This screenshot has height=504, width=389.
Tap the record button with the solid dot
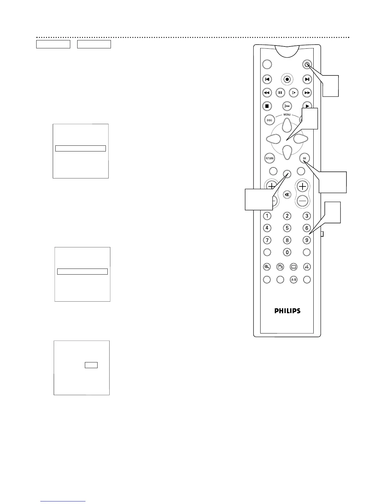point(287,79)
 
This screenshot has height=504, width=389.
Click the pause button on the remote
point(280,93)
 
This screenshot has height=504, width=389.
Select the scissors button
point(287,106)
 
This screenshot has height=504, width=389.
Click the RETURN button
point(270,158)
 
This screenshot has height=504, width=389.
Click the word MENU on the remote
point(287,115)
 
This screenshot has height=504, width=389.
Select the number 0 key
point(287,252)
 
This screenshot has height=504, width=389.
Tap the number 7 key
point(267,240)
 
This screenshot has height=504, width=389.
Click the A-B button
point(293,280)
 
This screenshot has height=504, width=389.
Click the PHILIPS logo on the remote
point(287,311)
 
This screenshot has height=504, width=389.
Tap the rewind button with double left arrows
point(267,93)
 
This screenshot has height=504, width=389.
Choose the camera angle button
point(280,267)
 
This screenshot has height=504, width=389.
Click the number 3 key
point(306,216)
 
